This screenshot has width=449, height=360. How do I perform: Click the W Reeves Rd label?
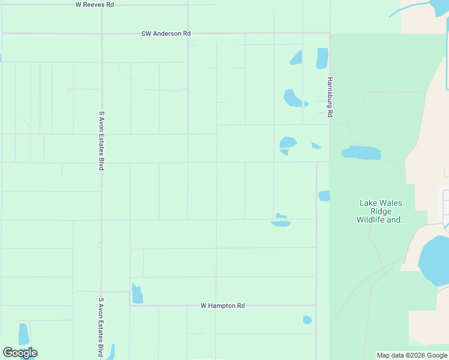[x=95, y=4]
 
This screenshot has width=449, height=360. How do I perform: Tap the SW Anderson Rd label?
[x=166, y=34]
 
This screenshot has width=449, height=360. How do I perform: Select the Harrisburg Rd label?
[x=330, y=97]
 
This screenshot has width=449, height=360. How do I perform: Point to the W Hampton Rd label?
[x=223, y=305]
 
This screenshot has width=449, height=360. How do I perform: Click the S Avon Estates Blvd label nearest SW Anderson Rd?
[x=101, y=140]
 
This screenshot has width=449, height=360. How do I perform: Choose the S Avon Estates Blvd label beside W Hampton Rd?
[x=101, y=327]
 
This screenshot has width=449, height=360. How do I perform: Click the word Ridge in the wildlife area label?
[x=381, y=211]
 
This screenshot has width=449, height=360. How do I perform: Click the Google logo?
[x=20, y=353]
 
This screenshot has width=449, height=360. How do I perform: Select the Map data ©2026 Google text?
[x=412, y=355]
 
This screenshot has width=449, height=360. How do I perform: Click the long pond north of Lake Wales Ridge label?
[x=361, y=153]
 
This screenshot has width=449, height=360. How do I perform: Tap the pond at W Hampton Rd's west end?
[x=137, y=293]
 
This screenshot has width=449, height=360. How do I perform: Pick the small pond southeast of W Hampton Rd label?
[x=307, y=320]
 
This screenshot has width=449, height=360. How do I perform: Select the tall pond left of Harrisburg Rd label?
[x=322, y=58]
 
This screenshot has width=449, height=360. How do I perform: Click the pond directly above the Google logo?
[x=24, y=334]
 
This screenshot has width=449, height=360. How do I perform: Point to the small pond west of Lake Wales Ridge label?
[x=324, y=196]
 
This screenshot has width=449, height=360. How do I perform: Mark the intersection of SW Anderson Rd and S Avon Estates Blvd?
[x=101, y=34]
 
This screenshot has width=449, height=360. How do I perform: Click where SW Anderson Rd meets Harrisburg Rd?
[x=330, y=34]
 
